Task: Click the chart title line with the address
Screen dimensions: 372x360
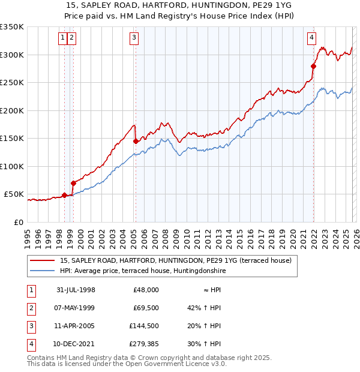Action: click(x=180, y=5)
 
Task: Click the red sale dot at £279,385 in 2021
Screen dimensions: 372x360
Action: click(x=313, y=66)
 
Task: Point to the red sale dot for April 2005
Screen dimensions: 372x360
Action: click(x=136, y=142)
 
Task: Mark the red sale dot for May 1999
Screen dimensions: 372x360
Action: click(x=73, y=183)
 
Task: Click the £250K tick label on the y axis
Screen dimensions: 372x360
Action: click(x=12, y=83)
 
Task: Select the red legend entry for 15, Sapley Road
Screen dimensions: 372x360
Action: click(x=175, y=260)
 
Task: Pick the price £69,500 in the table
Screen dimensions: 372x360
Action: click(x=146, y=308)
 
